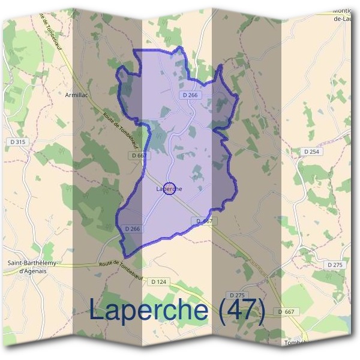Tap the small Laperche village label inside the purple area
pyautogui.click(x=169, y=189)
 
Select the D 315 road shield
pyautogui.click(x=19, y=142)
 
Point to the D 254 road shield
pyautogui.click(x=312, y=152)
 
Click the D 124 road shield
pyautogui.click(x=158, y=281)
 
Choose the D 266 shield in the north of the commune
pyautogui.click(x=189, y=95)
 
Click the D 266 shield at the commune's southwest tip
pyautogui.click(x=133, y=229)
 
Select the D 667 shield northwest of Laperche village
pyautogui.click(x=139, y=155)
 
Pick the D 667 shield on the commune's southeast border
pyautogui.click(x=205, y=221)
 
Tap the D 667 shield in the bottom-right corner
pyautogui.click(x=287, y=311)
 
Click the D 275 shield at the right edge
pyautogui.click(x=336, y=264)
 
